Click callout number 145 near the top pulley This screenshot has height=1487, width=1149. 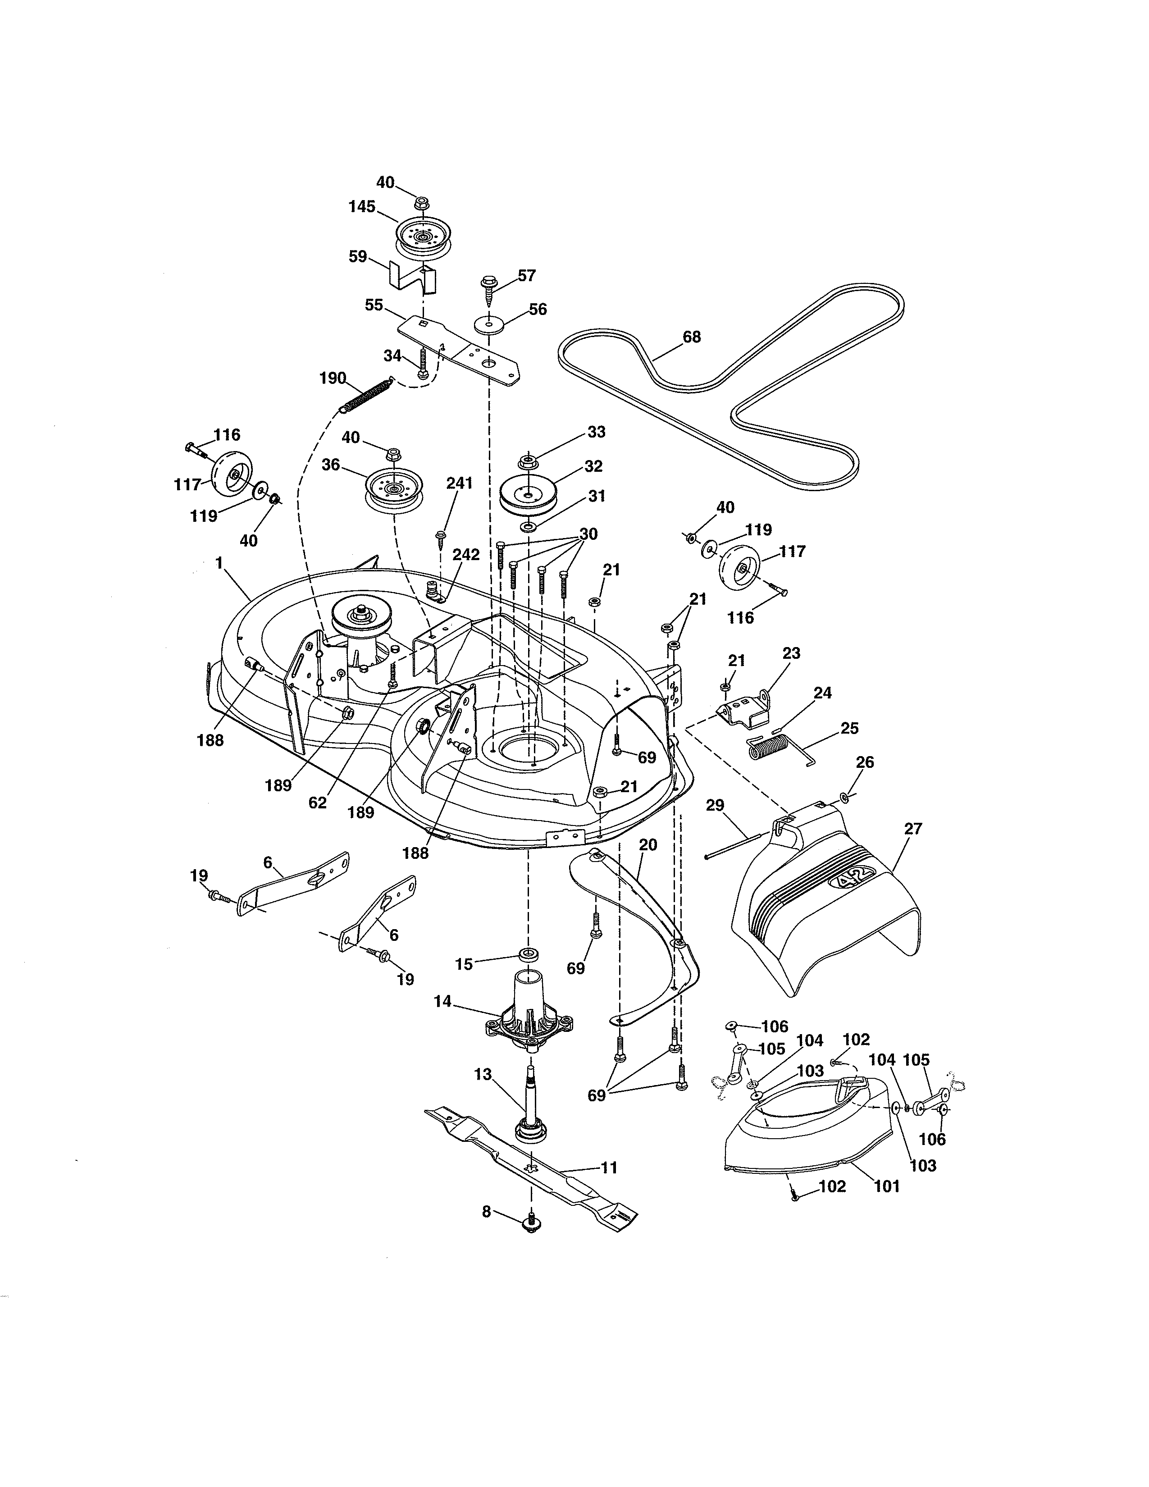362,207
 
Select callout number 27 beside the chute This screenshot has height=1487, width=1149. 913,829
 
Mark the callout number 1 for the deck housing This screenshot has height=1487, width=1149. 219,563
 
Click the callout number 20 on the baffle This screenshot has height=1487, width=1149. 648,845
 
